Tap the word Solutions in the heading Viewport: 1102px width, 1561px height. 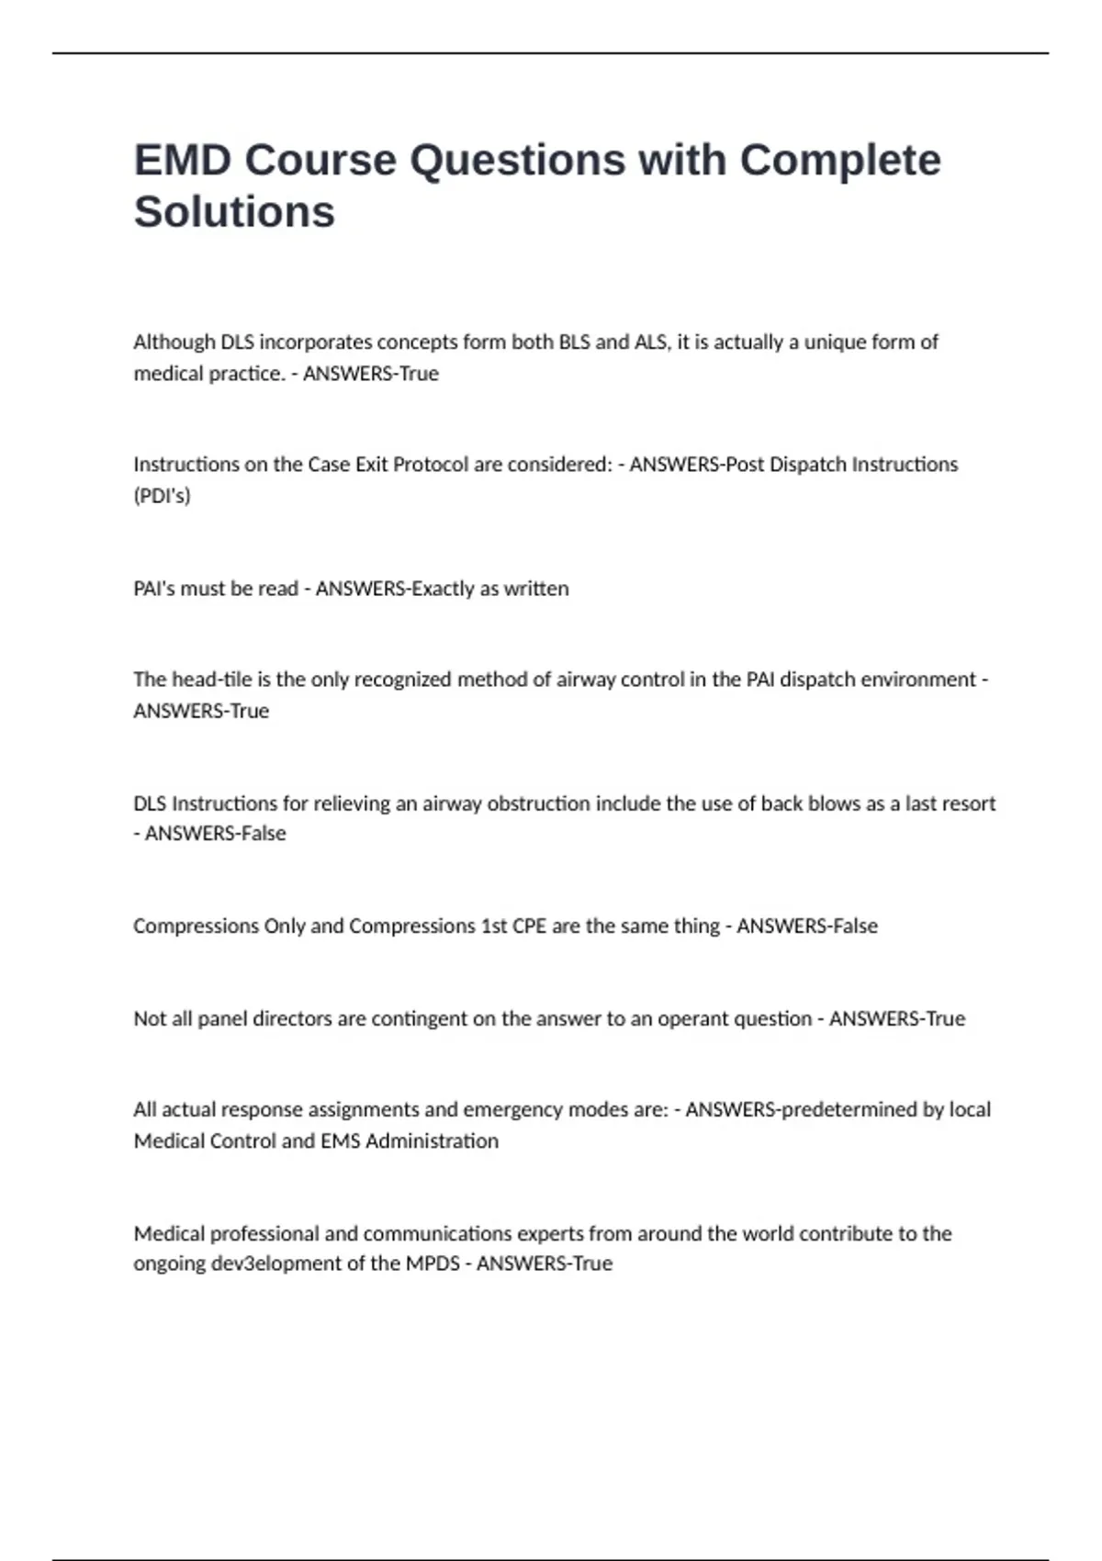(234, 212)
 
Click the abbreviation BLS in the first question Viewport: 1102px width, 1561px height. (574, 343)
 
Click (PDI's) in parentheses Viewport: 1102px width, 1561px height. (162, 496)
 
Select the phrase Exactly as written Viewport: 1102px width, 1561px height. (489, 589)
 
